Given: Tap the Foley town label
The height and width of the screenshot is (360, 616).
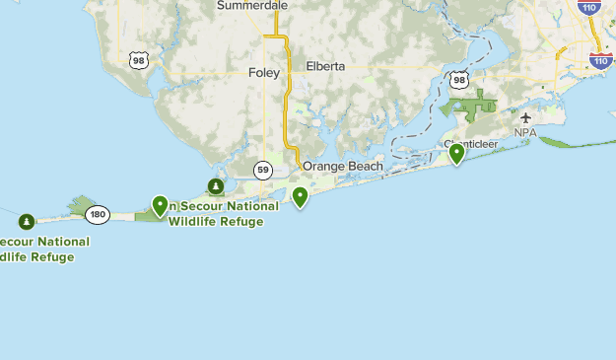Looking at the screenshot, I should pos(264,72).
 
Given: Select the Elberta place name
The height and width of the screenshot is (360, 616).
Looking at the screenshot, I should pos(325,67).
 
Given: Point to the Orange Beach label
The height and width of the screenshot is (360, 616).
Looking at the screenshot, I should pos(342,166).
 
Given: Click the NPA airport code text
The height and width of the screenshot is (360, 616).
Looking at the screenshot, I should pos(524,132).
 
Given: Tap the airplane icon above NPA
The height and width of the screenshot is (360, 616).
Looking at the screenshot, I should pos(525,118).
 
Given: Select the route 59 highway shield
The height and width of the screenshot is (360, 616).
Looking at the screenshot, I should pos(263,170).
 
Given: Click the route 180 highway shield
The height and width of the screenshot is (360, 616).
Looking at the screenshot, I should pos(97,213).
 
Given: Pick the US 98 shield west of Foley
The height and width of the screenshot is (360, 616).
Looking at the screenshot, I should pos(139,60).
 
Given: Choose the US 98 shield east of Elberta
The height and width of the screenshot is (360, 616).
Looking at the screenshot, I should pos(459,79).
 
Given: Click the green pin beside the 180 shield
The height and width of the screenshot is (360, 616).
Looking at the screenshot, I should pos(160,205).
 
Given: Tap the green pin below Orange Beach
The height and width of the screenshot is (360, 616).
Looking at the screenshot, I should pos(301,197).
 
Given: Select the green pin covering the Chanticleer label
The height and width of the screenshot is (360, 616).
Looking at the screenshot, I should pos(456,153).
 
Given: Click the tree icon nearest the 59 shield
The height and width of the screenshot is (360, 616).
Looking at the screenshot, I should pos(216,186).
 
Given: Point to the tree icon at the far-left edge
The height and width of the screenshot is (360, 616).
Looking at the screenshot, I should pos(26,220).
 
